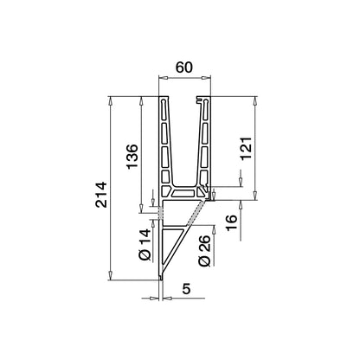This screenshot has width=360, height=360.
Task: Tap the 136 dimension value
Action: click(132, 157)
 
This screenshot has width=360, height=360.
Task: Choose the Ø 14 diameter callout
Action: click(145, 243)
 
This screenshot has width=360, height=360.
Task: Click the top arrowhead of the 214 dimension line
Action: click(110, 99)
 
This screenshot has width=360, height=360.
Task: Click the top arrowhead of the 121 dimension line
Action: click(255, 99)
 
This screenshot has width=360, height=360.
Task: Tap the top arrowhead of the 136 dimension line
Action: click(142, 99)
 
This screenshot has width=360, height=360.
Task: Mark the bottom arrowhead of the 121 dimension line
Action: click(255, 197)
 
